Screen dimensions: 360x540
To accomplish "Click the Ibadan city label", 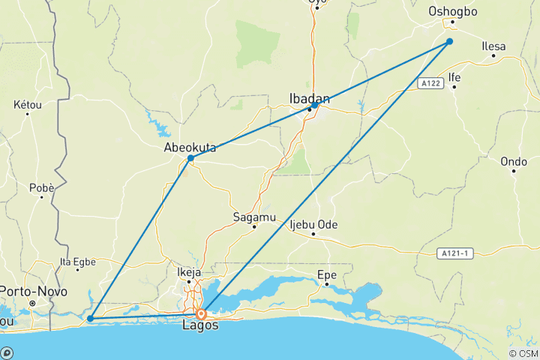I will tap(310, 96).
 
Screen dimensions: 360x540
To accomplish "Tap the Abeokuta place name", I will tap(190, 148).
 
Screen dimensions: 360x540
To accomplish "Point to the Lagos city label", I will tap(201, 326).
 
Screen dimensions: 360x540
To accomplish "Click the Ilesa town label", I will tap(493, 46).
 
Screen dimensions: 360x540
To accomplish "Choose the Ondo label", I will tap(514, 161).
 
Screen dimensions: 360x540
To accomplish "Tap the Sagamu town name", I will tap(254, 216).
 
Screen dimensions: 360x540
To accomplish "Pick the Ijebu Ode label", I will tap(313, 225).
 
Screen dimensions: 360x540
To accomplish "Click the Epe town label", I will tap(326, 274).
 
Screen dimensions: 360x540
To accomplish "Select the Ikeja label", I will tap(189, 272).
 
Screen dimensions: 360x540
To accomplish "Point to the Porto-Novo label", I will tap(34, 291).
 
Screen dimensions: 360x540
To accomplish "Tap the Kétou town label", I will tap(28, 105).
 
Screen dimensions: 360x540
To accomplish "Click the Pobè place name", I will tap(41, 187).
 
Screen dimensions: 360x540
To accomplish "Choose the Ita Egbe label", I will tap(77, 262).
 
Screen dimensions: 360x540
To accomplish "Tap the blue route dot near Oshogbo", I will tap(450, 41).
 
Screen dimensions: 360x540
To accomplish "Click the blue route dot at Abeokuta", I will tap(191, 158).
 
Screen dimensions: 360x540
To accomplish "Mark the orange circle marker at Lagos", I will tap(202, 313).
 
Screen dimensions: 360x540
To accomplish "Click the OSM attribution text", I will tap(523, 353).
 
